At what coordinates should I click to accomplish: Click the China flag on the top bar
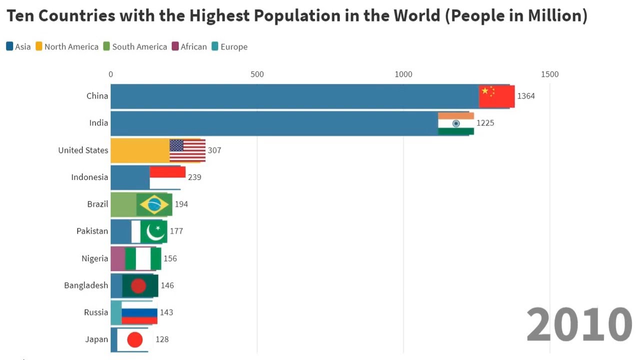(x=496, y=96)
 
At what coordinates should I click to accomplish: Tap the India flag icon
(x=456, y=123)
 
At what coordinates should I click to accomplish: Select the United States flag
(x=187, y=150)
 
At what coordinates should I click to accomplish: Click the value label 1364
(x=526, y=96)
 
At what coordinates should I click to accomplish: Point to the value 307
(x=214, y=150)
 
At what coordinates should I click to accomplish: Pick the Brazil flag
(x=154, y=204)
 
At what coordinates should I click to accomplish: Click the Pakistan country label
(x=92, y=231)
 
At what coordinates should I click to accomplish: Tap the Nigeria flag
(x=143, y=258)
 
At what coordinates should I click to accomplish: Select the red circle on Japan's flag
(x=135, y=340)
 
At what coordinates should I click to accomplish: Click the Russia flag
(x=139, y=312)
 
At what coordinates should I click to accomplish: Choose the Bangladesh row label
(x=86, y=285)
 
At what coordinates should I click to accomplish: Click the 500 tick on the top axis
(x=257, y=74)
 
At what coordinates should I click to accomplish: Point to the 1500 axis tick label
(x=549, y=74)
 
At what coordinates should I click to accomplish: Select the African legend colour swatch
(x=175, y=46)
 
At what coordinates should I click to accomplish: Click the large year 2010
(x=579, y=325)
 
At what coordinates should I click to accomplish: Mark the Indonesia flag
(x=167, y=177)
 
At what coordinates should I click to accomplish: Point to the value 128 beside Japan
(x=162, y=339)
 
